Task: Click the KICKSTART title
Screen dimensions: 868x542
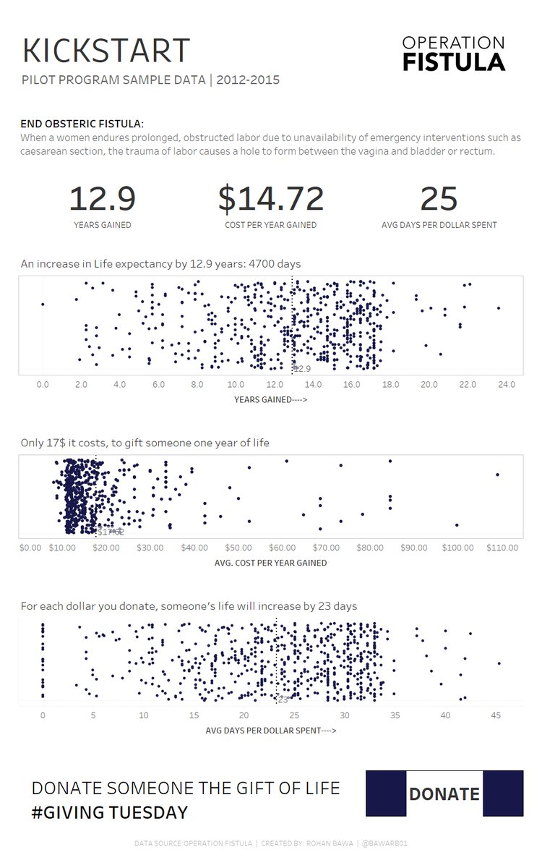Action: click(x=106, y=51)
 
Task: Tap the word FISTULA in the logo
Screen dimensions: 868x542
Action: click(x=454, y=61)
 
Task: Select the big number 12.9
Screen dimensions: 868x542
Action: click(x=102, y=199)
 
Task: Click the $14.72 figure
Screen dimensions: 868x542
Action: click(x=270, y=199)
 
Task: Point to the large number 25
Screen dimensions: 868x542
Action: click(x=439, y=199)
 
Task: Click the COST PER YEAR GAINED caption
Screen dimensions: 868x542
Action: click(x=270, y=225)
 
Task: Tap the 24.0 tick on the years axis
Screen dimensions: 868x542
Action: click(x=506, y=384)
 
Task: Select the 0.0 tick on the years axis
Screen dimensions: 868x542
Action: click(x=43, y=384)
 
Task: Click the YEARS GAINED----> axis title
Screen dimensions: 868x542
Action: click(x=270, y=399)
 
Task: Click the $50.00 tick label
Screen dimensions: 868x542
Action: click(x=238, y=548)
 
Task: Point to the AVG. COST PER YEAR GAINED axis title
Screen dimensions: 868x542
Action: click(x=270, y=563)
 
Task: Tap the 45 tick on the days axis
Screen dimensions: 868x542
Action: click(x=496, y=715)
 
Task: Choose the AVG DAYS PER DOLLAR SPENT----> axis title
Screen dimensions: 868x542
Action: click(x=270, y=731)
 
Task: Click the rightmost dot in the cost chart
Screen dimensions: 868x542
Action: click(x=497, y=475)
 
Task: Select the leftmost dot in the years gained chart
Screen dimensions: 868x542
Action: click(x=43, y=305)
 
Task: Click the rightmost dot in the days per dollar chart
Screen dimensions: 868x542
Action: click(x=499, y=663)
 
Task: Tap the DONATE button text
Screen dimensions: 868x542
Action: click(x=444, y=793)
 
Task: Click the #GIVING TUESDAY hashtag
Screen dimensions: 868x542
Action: click(x=109, y=812)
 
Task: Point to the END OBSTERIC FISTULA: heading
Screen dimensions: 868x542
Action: click(x=82, y=124)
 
